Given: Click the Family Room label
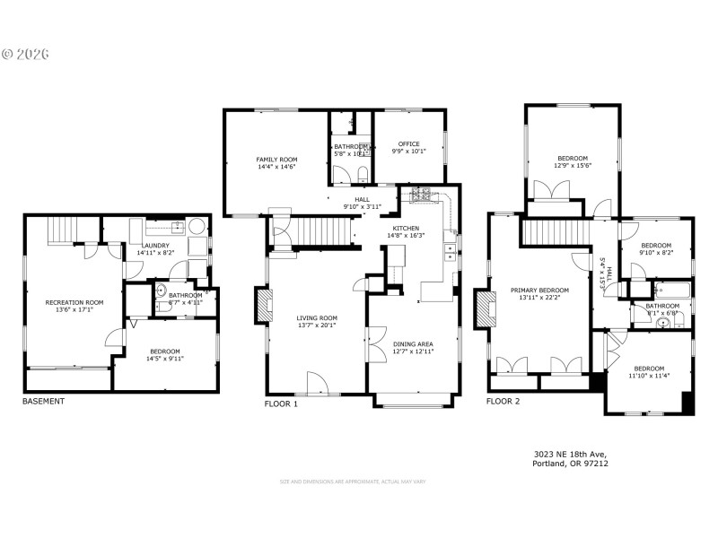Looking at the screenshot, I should coord(276,159).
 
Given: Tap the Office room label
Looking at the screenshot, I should coord(409,144).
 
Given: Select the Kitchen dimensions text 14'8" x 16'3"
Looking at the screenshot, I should coord(406,236).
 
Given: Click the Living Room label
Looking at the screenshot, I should coord(317,317).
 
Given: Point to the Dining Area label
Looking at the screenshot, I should coord(413,343).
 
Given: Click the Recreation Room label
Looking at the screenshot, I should coord(74,303).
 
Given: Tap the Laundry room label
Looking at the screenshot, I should coord(155,246).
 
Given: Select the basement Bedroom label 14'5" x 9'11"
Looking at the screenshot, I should coord(165,351).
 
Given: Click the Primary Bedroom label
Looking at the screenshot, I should coord(539,291).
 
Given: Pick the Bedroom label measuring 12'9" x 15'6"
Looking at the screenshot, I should coord(572,159).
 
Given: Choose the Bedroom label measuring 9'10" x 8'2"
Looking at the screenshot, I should coord(656,246).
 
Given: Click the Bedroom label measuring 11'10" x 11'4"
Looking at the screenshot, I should coord(649,369).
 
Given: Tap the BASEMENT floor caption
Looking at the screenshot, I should coord(43,401).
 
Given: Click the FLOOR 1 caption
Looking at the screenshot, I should coord(281,403).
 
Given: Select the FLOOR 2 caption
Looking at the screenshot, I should coord(503,401).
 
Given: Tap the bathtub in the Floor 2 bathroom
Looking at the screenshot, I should coord(672,291).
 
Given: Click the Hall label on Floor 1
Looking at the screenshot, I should coord(363,200).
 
